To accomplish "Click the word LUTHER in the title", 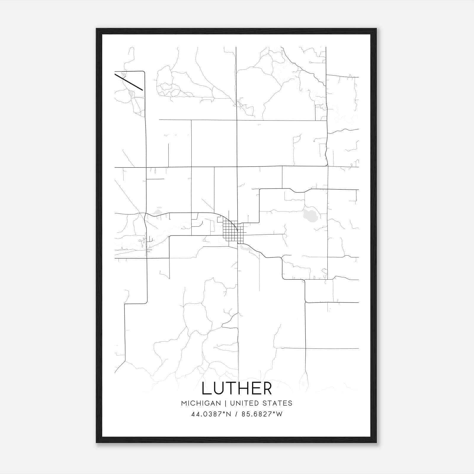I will [237, 389].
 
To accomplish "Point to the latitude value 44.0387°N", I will [211, 414].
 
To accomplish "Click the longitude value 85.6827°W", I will [262, 414].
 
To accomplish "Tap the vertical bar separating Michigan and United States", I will [225, 403].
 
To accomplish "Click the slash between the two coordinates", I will [236, 414].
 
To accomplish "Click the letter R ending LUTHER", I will [267, 389].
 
